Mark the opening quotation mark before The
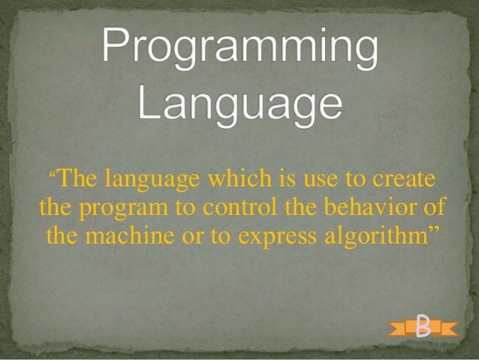click(53, 177)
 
